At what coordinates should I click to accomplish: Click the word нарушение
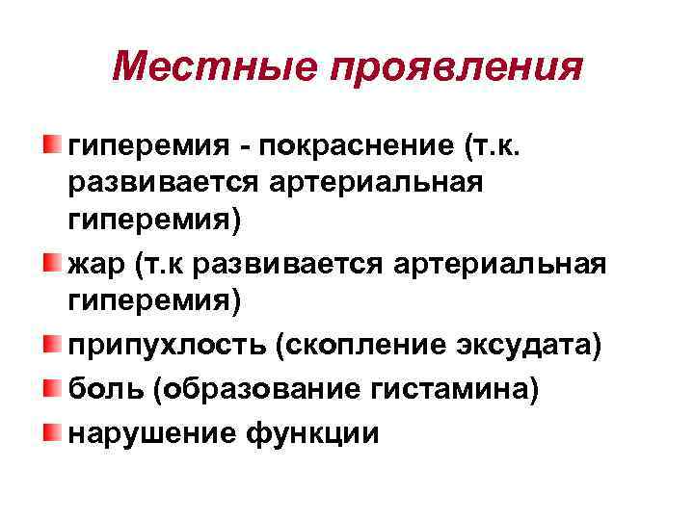click(x=152, y=432)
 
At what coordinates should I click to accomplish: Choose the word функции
click(x=314, y=432)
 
